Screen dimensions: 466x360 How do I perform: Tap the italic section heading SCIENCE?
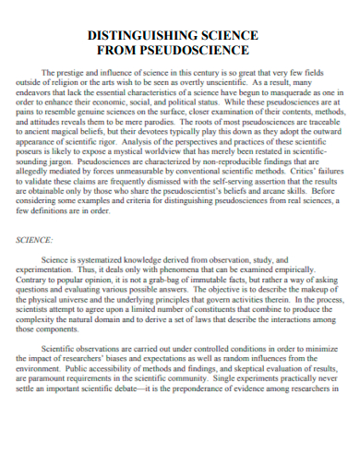click(x=36, y=239)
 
